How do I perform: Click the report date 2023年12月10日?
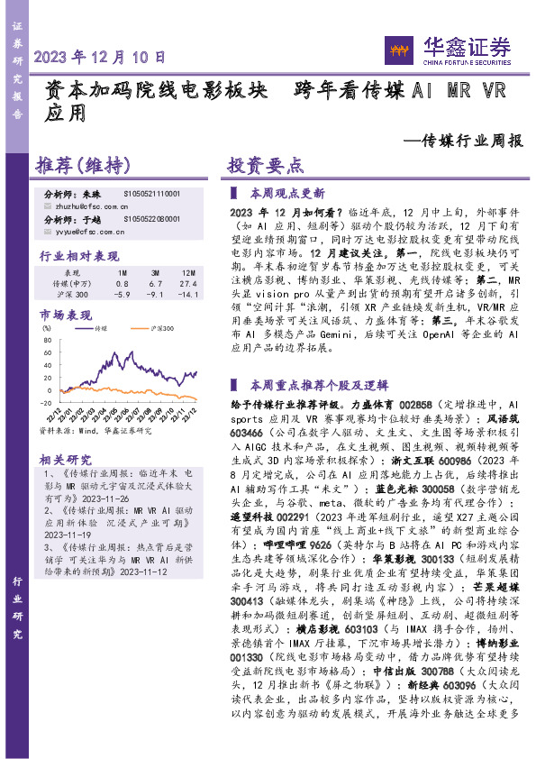point(100,56)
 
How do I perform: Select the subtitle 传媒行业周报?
point(463,141)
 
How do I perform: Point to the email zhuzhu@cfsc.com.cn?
point(92,206)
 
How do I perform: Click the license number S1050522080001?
point(151,219)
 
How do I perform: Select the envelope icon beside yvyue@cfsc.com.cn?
point(49,231)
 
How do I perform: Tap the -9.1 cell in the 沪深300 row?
point(155,294)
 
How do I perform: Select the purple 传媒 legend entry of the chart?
point(100,329)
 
